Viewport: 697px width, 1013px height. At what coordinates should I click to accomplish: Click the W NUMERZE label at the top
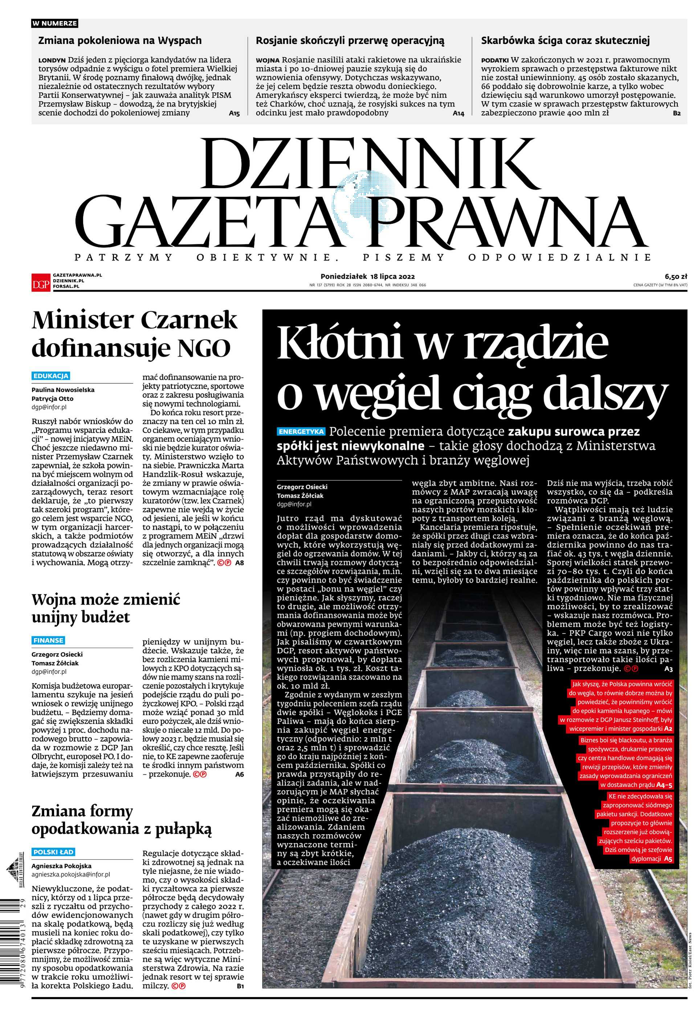pyautogui.click(x=54, y=23)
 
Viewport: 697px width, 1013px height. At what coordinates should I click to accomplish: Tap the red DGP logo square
pyautogui.click(x=41, y=282)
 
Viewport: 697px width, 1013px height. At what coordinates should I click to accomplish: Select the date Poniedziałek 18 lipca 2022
pyautogui.click(x=367, y=276)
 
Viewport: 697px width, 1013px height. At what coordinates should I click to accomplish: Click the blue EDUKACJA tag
pyautogui.click(x=51, y=376)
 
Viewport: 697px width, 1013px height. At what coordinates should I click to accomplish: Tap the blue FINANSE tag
pyautogui.click(x=48, y=640)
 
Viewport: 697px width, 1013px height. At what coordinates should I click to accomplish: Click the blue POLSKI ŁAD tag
pyautogui.click(x=53, y=852)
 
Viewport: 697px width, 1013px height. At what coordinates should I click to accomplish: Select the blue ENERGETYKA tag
pyautogui.click(x=301, y=432)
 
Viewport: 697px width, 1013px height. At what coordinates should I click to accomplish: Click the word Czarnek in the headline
pyautogui.click(x=188, y=321)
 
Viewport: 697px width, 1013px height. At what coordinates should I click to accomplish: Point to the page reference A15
pyautogui.click(x=234, y=113)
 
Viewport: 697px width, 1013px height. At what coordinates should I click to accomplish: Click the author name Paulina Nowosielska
pyautogui.click(x=63, y=390)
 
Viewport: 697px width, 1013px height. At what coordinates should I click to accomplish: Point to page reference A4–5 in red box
pyautogui.click(x=664, y=785)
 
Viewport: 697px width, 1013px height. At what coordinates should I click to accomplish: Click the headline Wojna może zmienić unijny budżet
pyautogui.click(x=105, y=608)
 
